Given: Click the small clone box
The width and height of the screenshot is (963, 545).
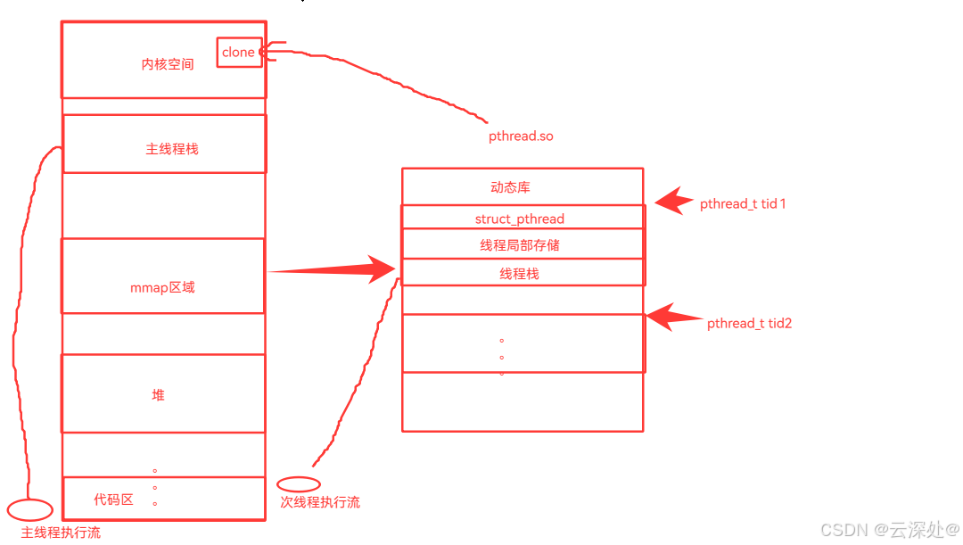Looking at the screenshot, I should point(239,53).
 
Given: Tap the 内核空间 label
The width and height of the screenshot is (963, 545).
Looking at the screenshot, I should point(168,64).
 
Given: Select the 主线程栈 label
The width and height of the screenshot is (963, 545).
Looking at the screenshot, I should point(172,149).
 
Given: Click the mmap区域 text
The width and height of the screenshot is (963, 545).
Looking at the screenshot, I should point(162,287).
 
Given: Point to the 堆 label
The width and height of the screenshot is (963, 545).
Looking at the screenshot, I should point(158,395).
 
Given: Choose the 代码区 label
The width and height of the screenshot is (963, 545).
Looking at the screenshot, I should point(114,500).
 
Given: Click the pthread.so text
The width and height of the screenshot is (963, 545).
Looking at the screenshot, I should point(521,136).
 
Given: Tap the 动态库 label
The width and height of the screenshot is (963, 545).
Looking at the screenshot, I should point(511,187).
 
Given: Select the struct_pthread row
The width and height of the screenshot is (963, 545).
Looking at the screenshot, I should point(520,219).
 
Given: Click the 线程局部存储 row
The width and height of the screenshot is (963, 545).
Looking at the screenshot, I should point(520,244).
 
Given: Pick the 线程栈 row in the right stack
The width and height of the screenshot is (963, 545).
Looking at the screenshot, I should point(520,273).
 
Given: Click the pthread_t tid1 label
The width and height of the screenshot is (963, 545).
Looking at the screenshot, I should point(743,204).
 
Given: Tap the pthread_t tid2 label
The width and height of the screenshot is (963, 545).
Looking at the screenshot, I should point(749,324).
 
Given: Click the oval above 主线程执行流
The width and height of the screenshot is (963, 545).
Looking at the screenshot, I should point(30,510).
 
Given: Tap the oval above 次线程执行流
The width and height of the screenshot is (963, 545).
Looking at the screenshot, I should point(299,484).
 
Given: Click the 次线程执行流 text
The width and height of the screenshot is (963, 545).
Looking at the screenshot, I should point(320,502).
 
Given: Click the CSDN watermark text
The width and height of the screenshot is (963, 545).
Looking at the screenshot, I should point(890,530).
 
